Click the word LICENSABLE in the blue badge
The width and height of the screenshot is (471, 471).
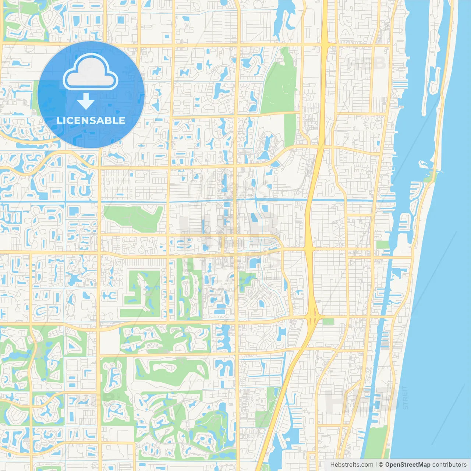[91, 120]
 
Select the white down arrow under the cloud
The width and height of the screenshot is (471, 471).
[86, 101]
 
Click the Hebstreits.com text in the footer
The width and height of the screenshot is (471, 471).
[352, 465]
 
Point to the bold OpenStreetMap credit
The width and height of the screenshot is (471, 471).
[407, 465]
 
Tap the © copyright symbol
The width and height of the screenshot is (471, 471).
[381, 465]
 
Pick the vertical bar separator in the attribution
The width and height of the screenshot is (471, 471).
[376, 465]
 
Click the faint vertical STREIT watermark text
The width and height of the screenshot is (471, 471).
[405, 397]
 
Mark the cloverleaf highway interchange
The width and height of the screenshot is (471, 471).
[312, 315]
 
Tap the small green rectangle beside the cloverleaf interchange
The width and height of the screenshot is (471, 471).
[328, 322]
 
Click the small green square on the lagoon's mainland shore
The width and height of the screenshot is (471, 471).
[383, 245]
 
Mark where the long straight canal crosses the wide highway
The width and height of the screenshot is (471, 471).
[308, 201]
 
